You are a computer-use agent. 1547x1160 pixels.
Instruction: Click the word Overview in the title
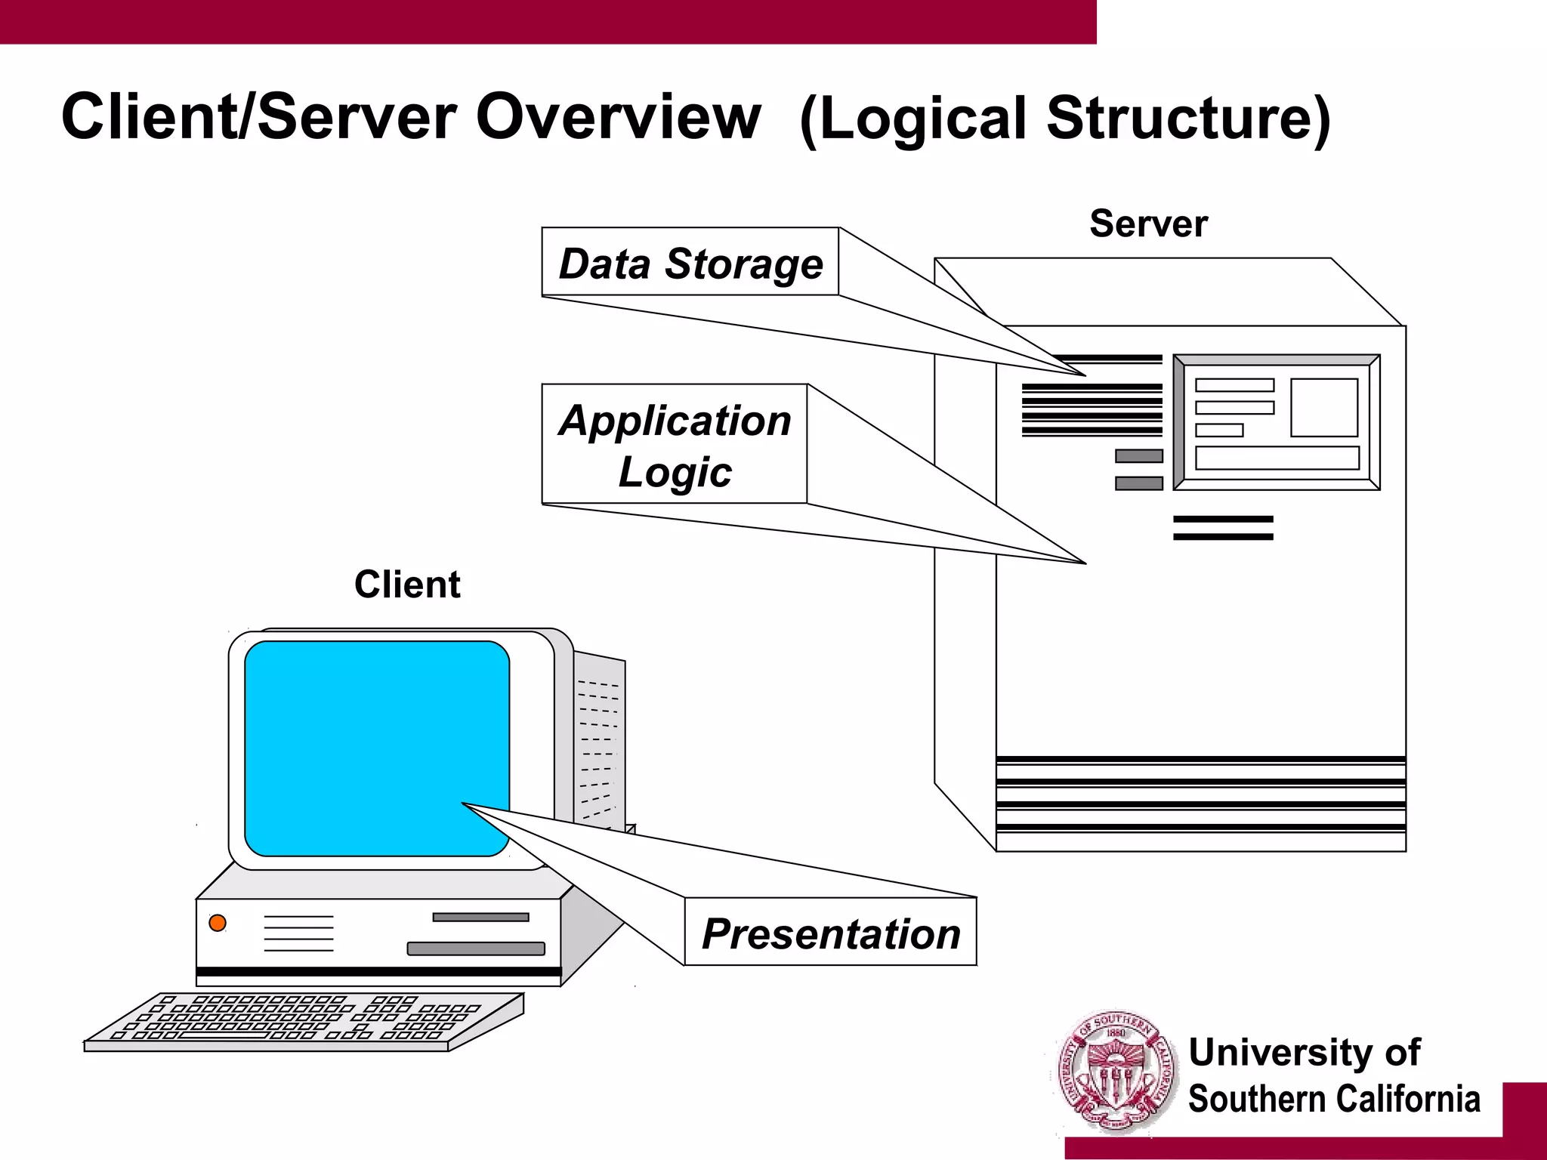click(x=618, y=117)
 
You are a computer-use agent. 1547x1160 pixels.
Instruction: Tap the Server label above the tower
click(x=1148, y=224)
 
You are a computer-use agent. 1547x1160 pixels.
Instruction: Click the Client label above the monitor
click(x=407, y=585)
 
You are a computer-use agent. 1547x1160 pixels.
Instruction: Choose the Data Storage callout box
click(x=690, y=262)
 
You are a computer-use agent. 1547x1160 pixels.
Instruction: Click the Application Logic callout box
click(x=675, y=444)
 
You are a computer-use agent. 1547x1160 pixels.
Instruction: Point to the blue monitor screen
click(x=376, y=748)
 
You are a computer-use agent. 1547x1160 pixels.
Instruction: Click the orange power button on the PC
click(x=218, y=923)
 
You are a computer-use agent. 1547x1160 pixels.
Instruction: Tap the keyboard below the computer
click(x=302, y=1021)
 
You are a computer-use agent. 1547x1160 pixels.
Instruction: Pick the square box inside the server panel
click(x=1323, y=408)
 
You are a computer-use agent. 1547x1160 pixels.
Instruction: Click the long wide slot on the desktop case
click(x=476, y=949)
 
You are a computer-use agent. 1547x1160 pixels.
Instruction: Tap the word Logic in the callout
click(x=675, y=473)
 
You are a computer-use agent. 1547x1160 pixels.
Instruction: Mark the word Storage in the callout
click(x=744, y=264)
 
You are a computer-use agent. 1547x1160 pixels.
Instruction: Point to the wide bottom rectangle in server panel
click(x=1277, y=458)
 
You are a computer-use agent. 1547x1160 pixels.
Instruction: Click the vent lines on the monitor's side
click(x=599, y=748)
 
